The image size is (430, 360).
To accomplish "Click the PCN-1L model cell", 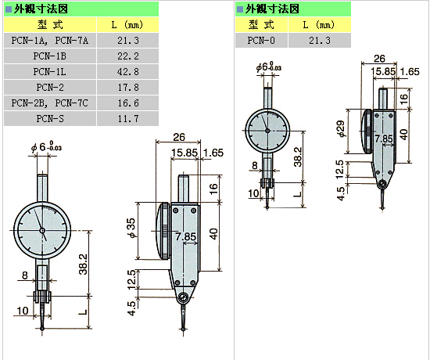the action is [50, 72].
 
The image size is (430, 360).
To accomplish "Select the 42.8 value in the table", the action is [128, 72].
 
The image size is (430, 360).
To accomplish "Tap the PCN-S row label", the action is [50, 119].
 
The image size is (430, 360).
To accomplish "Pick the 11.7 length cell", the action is [128, 119].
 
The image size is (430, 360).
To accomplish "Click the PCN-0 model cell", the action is [261, 41].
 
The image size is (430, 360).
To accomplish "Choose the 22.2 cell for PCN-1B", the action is [128, 56].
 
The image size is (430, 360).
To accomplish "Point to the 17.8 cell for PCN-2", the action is [128, 88].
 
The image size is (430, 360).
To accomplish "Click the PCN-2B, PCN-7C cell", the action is [50, 103].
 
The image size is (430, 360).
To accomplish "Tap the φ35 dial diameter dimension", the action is [132, 229].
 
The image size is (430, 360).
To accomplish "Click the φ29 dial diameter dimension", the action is [342, 128].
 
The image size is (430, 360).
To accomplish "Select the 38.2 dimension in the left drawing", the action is [83, 265].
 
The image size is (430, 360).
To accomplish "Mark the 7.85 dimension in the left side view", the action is [186, 236].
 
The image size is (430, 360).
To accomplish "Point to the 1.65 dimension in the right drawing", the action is [410, 72].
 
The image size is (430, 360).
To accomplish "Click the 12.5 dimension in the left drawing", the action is [132, 279].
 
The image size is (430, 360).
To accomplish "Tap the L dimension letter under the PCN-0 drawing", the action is [298, 194].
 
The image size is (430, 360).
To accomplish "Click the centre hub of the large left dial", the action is [42, 231].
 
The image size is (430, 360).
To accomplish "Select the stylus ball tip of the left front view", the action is [42, 329].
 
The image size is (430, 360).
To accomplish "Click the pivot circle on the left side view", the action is [183, 297].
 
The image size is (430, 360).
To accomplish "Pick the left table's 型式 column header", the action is [50, 25].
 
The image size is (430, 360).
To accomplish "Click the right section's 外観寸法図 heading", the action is [272, 9].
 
